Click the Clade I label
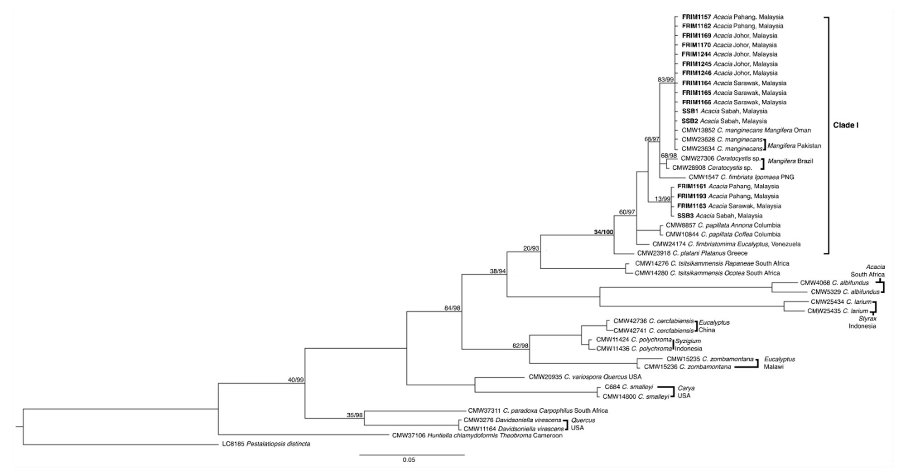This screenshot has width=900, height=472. click(846, 125)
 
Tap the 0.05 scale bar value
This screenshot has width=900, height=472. click(409, 460)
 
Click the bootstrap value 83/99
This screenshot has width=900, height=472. click(665, 80)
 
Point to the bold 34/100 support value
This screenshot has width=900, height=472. click(603, 232)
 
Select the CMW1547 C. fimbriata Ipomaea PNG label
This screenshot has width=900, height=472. click(741, 177)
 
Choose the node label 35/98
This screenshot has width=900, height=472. click(354, 415)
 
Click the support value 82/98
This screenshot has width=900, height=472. click(520, 346)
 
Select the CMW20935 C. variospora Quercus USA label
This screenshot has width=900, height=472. click(585, 377)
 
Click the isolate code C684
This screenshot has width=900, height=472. click(612, 387)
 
